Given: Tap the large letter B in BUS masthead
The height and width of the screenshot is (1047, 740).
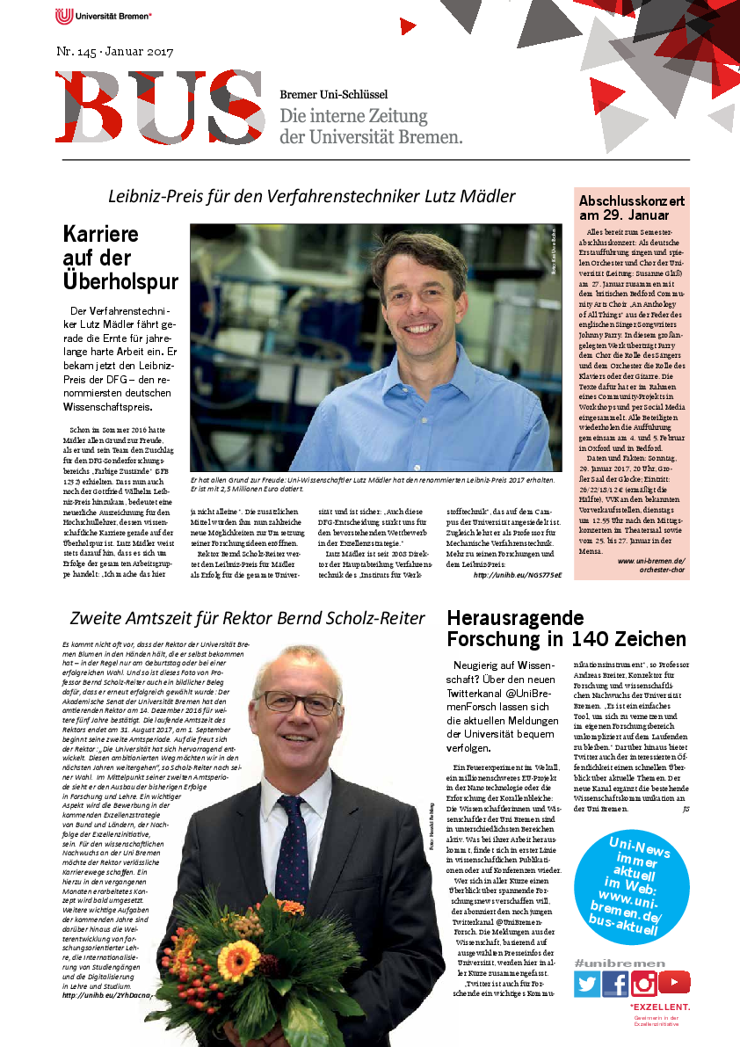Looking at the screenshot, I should coord(91,106).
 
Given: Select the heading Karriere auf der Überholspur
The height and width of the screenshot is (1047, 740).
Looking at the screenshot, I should coord(120,258).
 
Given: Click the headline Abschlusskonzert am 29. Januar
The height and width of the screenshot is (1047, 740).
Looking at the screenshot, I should coord(624,207).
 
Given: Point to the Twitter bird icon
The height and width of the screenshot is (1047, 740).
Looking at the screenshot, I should coord(586,983).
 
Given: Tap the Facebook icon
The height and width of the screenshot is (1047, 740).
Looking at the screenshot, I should coord(614,983).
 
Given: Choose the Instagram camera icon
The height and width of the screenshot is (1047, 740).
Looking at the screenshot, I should coord(644,983).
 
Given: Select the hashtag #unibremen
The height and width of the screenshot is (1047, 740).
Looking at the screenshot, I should coord(620,963).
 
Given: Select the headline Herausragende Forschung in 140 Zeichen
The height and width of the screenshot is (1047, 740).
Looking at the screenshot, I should coord(566,629).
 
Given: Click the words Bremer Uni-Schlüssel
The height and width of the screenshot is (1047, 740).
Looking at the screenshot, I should coord(333,94).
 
